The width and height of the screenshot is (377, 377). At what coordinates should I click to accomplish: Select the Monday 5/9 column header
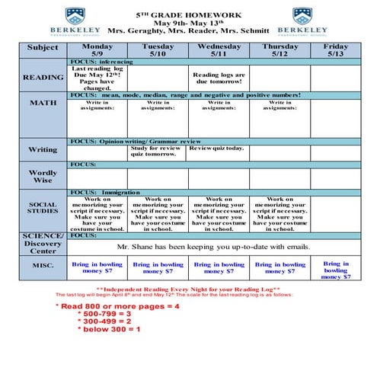pos(97,50)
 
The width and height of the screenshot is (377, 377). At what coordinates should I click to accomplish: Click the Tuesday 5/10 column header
pos(158,50)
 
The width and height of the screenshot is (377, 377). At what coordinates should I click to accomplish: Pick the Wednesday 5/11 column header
pos(219,50)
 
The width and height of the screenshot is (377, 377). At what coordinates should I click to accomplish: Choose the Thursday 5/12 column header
pos(280,50)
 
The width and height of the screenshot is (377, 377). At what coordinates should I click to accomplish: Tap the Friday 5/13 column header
pos(335,50)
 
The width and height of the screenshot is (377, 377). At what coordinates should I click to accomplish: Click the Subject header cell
pos(43,47)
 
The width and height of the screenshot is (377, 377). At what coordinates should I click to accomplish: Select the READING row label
pos(43,78)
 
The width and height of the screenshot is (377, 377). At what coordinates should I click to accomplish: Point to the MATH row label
pos(43,102)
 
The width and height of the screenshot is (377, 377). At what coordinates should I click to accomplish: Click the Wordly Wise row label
pos(43,177)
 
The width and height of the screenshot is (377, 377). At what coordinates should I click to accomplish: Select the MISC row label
pos(43,265)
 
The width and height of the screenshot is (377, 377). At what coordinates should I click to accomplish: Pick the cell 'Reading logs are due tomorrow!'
pos(219,78)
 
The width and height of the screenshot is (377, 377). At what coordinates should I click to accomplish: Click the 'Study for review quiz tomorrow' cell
pos(158,151)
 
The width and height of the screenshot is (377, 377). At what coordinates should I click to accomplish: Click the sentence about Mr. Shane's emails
pos(213,247)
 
